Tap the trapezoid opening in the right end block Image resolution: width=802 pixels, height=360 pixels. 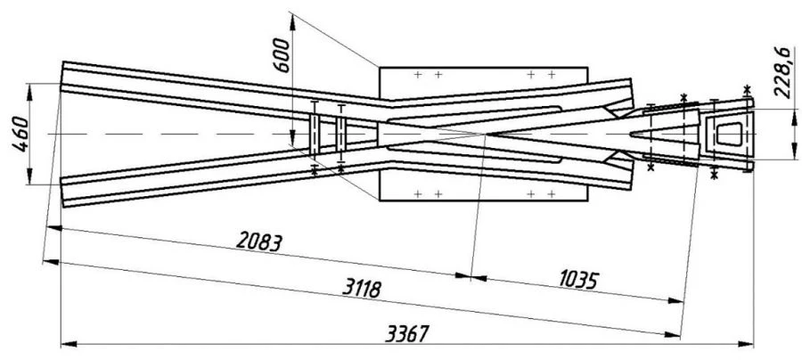(x=728, y=132)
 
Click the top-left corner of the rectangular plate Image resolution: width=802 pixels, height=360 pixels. (x=379, y=65)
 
